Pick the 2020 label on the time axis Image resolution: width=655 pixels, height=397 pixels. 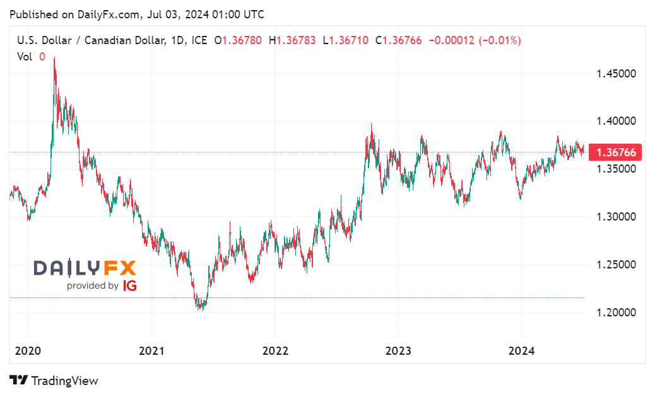(28, 350)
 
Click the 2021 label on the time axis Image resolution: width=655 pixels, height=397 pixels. (151, 350)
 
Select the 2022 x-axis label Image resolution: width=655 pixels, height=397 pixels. (274, 350)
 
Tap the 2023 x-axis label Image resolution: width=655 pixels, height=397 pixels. (398, 350)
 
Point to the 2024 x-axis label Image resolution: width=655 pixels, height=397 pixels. (521, 350)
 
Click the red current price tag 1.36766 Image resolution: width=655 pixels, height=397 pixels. (615, 152)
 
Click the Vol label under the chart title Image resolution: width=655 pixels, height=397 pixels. (25, 56)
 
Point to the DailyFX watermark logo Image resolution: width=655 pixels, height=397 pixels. (85, 268)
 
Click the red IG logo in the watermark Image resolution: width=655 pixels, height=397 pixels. (130, 285)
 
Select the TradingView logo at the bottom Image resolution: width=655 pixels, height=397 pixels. (54, 381)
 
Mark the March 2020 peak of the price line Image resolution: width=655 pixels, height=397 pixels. (54, 58)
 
